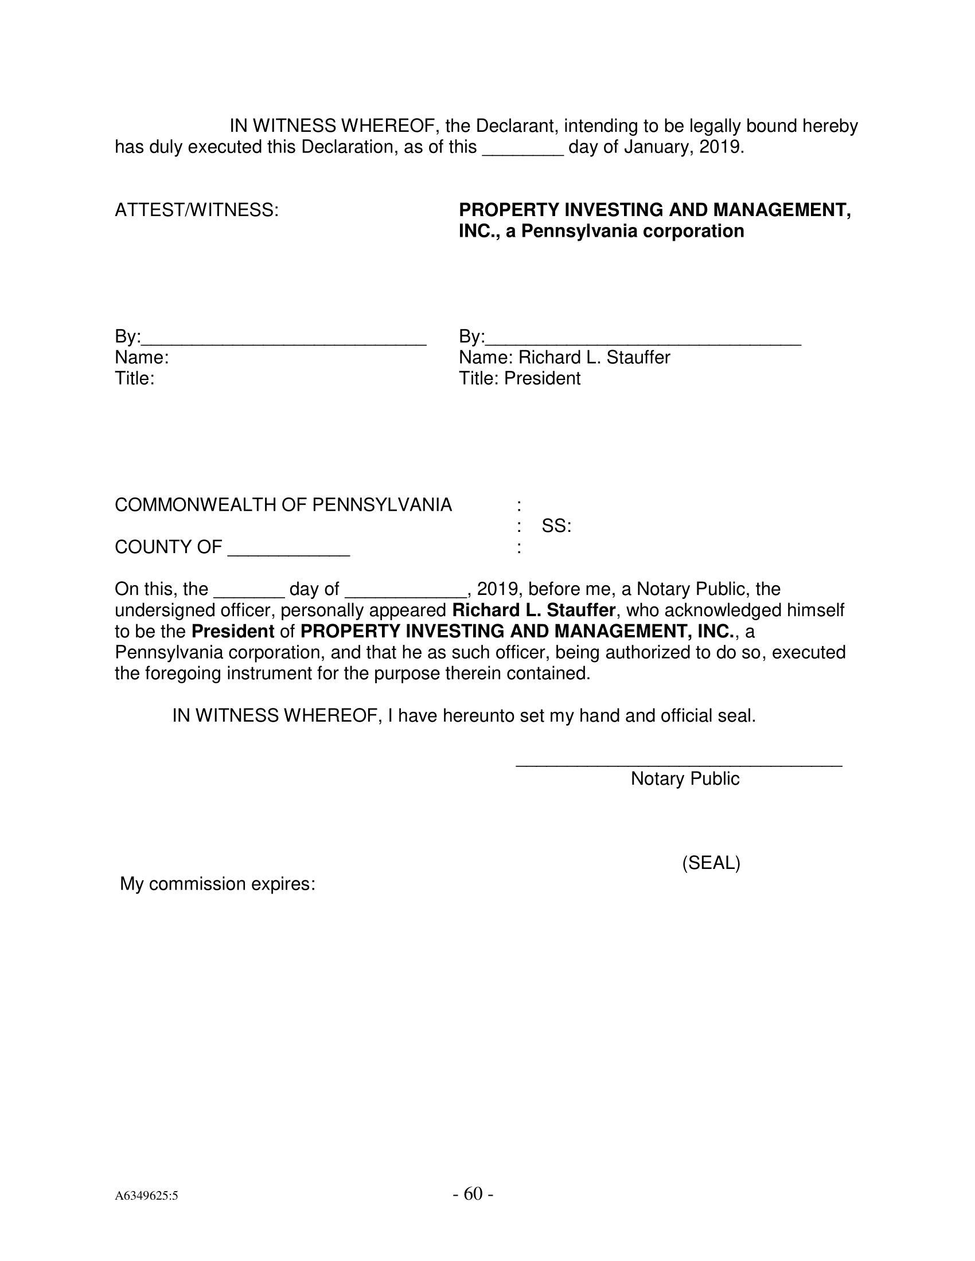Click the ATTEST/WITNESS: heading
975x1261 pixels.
pyautogui.click(x=196, y=210)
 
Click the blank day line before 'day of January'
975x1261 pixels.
pyautogui.click(x=522, y=151)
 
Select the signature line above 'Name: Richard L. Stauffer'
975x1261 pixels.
pyautogui.click(x=643, y=342)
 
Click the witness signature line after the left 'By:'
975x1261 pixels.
pyautogui.click(x=283, y=342)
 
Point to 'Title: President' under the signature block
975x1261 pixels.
pyautogui.click(x=519, y=379)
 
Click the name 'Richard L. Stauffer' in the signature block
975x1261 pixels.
pyautogui.click(x=594, y=358)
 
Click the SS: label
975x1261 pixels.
pyautogui.click(x=556, y=526)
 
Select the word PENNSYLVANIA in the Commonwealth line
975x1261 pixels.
pyautogui.click(x=382, y=505)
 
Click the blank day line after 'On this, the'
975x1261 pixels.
pyautogui.click(x=249, y=594)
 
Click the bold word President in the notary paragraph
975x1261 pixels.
pyautogui.click(x=233, y=632)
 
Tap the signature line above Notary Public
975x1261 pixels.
pyautogui.click(x=678, y=765)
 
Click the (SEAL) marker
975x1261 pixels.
pyautogui.click(x=711, y=863)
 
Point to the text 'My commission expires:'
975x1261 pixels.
pyautogui.click(x=217, y=884)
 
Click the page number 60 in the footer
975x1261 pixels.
pyautogui.click(x=473, y=1193)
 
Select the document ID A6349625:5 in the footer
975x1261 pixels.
pyautogui.click(x=146, y=1196)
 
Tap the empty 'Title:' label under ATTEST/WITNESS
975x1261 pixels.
pyautogui.click(x=135, y=379)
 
